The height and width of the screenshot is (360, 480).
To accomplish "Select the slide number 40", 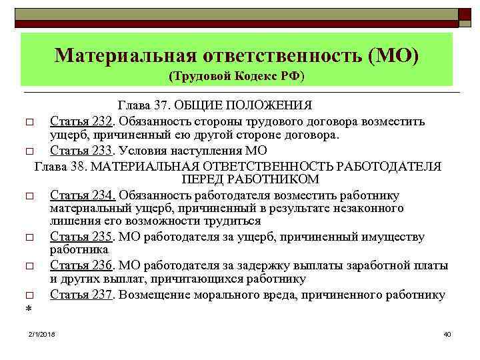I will [447, 333].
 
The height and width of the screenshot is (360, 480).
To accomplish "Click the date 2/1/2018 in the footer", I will [42, 333].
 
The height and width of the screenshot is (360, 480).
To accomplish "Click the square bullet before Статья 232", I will [29, 123].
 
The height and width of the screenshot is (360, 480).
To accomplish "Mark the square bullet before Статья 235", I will [29, 238].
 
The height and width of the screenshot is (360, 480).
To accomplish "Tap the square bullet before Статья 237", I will [29, 295].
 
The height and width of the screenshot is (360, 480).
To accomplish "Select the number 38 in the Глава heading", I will [74, 165].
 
